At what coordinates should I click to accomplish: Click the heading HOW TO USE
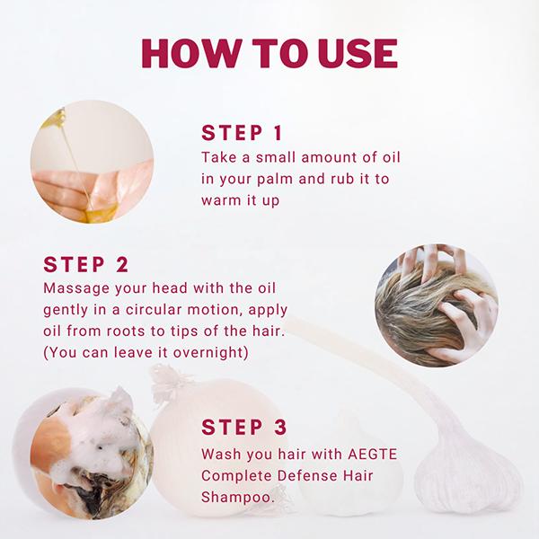tap(269, 53)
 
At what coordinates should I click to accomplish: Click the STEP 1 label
tap(242, 133)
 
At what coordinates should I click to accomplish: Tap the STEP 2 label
tap(86, 264)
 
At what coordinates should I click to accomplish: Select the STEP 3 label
tap(244, 427)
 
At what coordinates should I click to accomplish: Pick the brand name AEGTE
tap(372, 454)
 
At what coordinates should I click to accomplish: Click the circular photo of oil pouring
tap(92, 162)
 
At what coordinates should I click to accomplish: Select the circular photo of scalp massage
tap(437, 305)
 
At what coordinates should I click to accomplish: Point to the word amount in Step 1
tap(330, 158)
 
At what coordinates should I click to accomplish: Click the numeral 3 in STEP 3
tap(280, 427)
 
